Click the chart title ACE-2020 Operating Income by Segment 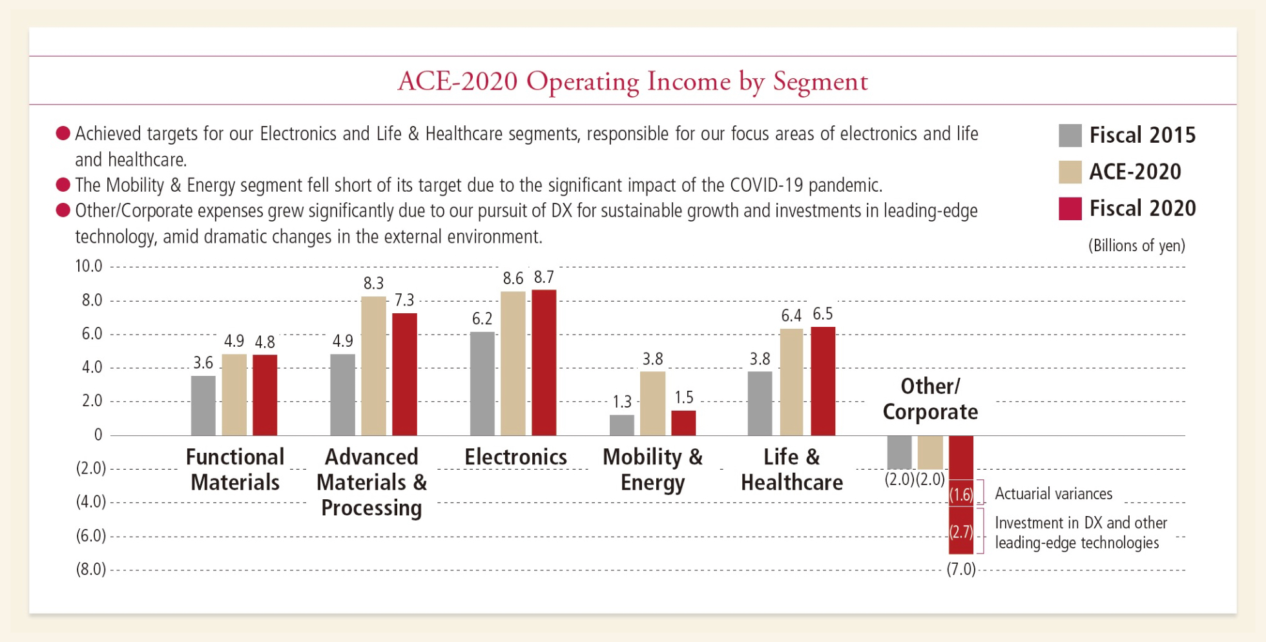tap(632, 82)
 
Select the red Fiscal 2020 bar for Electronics tap(544, 362)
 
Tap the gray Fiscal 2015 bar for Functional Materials tap(203, 406)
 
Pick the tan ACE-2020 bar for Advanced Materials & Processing tap(373, 366)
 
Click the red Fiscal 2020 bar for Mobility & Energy tap(683, 423)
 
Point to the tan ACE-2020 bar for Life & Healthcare tap(791, 382)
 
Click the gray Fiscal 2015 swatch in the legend tap(1070, 136)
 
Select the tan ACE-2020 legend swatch tap(1070, 172)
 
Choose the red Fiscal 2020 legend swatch tap(1070, 209)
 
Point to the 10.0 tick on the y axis tap(88, 266)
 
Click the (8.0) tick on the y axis tap(91, 569)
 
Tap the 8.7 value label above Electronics tap(544, 278)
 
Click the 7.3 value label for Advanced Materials tap(404, 300)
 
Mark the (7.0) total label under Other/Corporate tap(961, 569)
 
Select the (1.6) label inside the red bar tap(961, 495)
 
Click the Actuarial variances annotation tap(1053, 494)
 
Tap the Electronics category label tap(515, 457)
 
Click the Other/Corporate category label tap(930, 399)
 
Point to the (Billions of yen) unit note tap(1136, 246)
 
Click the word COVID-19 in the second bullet tap(767, 185)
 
